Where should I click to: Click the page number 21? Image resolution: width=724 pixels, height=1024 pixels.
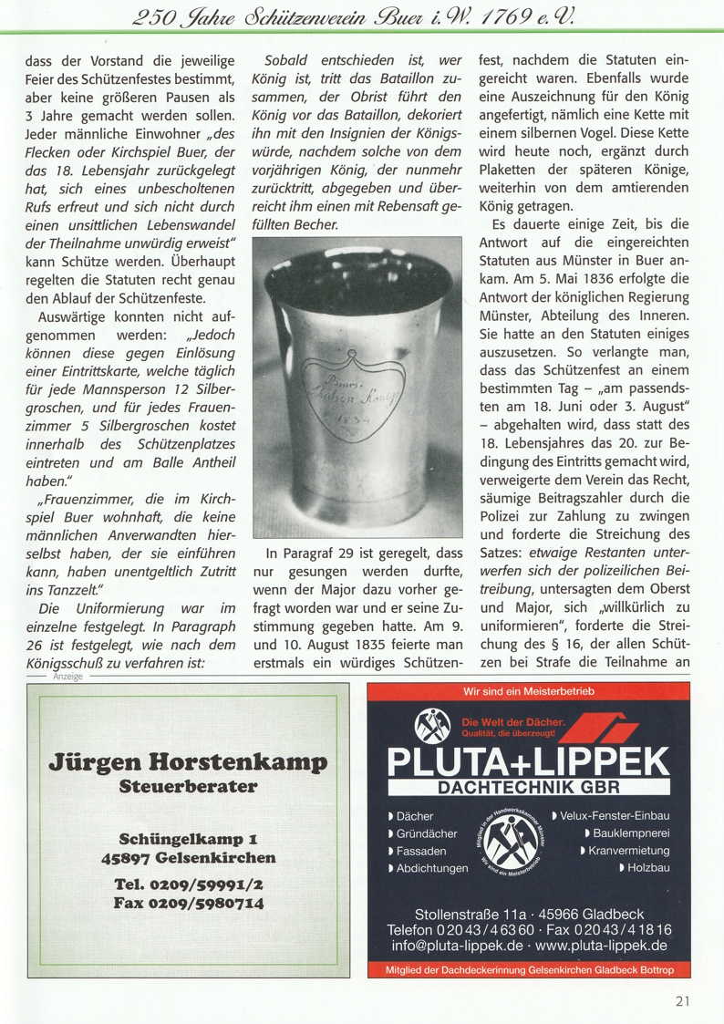coord(683,1001)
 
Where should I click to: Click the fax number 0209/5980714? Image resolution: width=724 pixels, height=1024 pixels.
coord(189,903)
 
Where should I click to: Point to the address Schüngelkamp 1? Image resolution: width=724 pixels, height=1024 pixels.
coord(188,839)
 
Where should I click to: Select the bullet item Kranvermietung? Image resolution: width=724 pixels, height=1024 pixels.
coord(628,851)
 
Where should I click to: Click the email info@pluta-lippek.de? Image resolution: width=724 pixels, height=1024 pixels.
coord(451,946)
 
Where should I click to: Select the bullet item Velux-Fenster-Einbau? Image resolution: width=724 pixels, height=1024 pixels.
coord(616,815)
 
